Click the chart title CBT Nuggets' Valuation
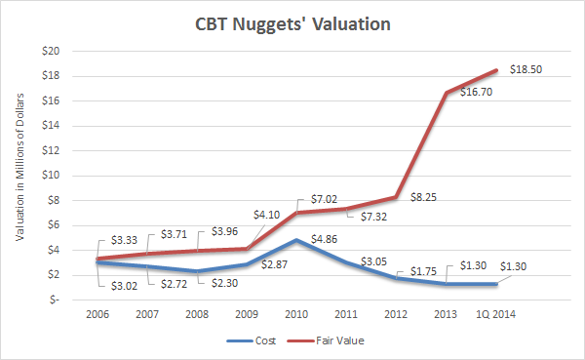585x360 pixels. pos(292,24)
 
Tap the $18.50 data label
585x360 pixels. pos(526,69)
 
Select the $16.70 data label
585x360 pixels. pos(476,92)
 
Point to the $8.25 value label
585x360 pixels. pos(423,197)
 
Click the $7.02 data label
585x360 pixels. pos(324,199)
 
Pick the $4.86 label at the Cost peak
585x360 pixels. pos(324,239)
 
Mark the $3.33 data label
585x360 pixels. pos(124,240)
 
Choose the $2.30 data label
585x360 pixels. pos(224,283)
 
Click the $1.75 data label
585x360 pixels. pos(423,271)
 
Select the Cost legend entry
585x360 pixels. pos(252,340)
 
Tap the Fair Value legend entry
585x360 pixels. pos(326,340)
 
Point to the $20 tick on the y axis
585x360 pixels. pos(51,51)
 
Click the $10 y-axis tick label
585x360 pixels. pos(51,176)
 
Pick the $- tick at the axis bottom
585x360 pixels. pos(54,300)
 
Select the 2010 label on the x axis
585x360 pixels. pos(296,314)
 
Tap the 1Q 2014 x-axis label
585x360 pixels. pos(496,314)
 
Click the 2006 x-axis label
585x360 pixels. pos(97,314)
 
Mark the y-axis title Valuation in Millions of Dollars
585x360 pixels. pos(19,167)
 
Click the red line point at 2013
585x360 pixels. pos(447,93)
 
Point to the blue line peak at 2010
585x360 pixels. pos(296,240)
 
